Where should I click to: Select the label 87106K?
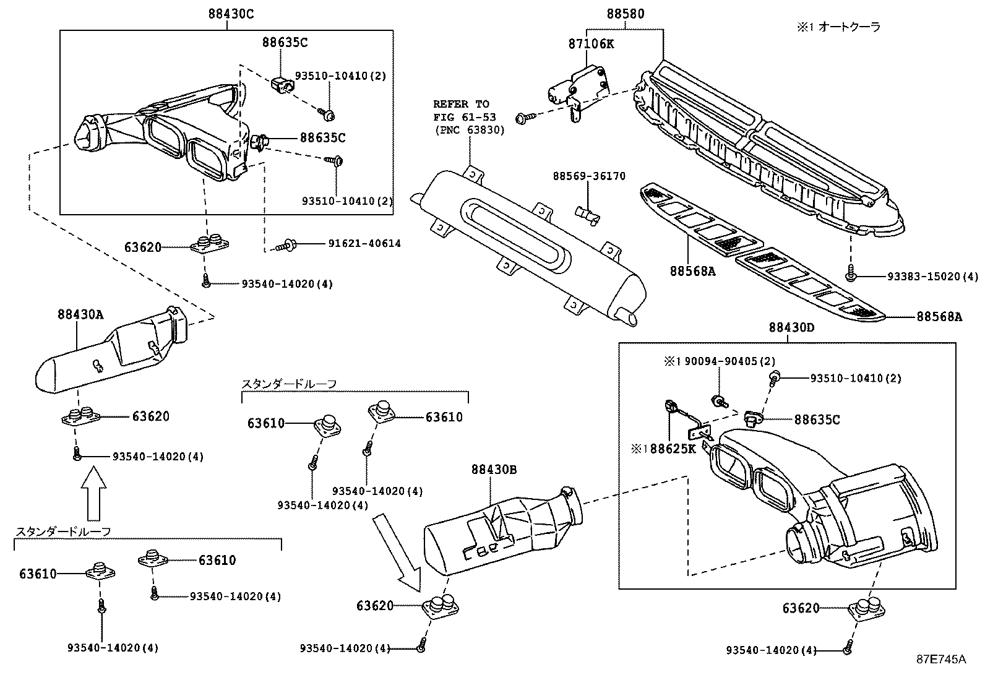[x=591, y=44]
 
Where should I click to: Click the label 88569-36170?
[x=589, y=176]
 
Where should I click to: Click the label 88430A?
[x=80, y=314]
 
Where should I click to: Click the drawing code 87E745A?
[x=940, y=659]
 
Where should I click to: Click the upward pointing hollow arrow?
[x=94, y=495]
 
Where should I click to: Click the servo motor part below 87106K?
[x=579, y=90]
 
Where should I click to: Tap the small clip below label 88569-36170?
[x=589, y=214]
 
